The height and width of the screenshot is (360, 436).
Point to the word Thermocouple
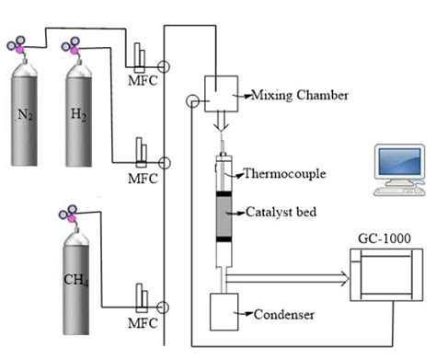(281, 172)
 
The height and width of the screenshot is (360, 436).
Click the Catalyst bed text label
(281, 211)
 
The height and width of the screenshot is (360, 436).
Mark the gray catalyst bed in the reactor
(224, 217)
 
